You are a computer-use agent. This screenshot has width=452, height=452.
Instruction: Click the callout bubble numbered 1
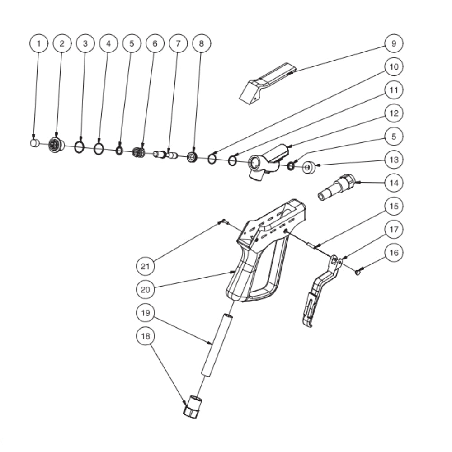coord(39,43)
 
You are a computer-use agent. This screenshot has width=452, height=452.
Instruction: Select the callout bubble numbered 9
coord(394,43)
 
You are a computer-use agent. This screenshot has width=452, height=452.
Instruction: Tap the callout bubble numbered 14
coord(394,183)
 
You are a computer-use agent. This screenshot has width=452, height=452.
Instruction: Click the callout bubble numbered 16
coord(394,252)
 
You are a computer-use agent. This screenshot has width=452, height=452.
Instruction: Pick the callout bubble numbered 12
coord(394,113)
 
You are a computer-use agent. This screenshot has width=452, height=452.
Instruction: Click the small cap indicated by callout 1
coord(33,143)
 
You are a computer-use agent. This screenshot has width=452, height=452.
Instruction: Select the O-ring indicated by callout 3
coord(79,147)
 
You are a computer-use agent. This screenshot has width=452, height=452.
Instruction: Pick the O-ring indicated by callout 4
coord(99,149)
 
